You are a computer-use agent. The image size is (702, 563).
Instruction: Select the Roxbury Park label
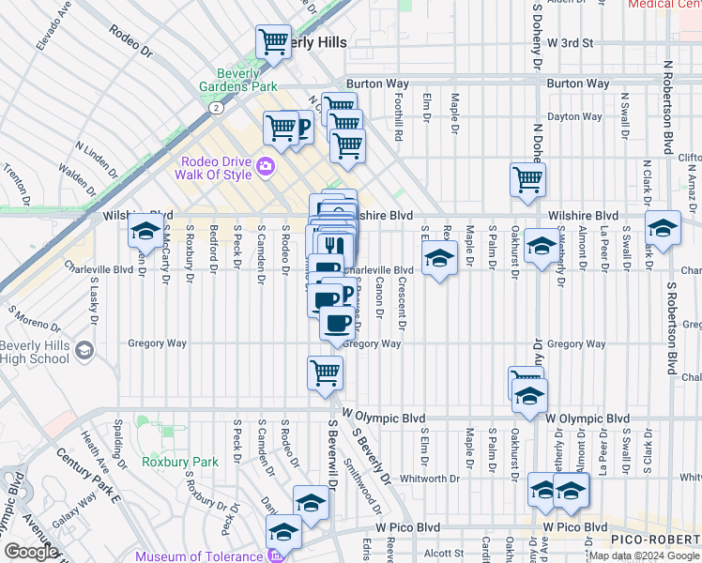(179, 462)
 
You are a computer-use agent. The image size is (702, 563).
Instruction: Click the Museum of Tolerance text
(199, 556)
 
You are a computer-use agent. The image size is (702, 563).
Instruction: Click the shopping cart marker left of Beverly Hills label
(272, 41)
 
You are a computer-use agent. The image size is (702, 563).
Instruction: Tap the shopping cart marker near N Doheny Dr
(528, 178)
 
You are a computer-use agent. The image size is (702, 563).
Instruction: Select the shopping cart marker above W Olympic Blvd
(326, 373)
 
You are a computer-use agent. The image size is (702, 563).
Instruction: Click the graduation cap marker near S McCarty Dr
(145, 230)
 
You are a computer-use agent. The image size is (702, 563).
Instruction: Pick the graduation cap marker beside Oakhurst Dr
(541, 246)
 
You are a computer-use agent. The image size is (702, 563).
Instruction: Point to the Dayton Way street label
(574, 117)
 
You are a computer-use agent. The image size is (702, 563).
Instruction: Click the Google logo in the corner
(31, 552)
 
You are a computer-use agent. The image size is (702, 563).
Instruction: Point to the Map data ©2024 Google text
(644, 556)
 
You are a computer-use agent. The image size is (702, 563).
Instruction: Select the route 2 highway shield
(216, 109)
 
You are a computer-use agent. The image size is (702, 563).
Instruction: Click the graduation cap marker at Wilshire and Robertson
(663, 228)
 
